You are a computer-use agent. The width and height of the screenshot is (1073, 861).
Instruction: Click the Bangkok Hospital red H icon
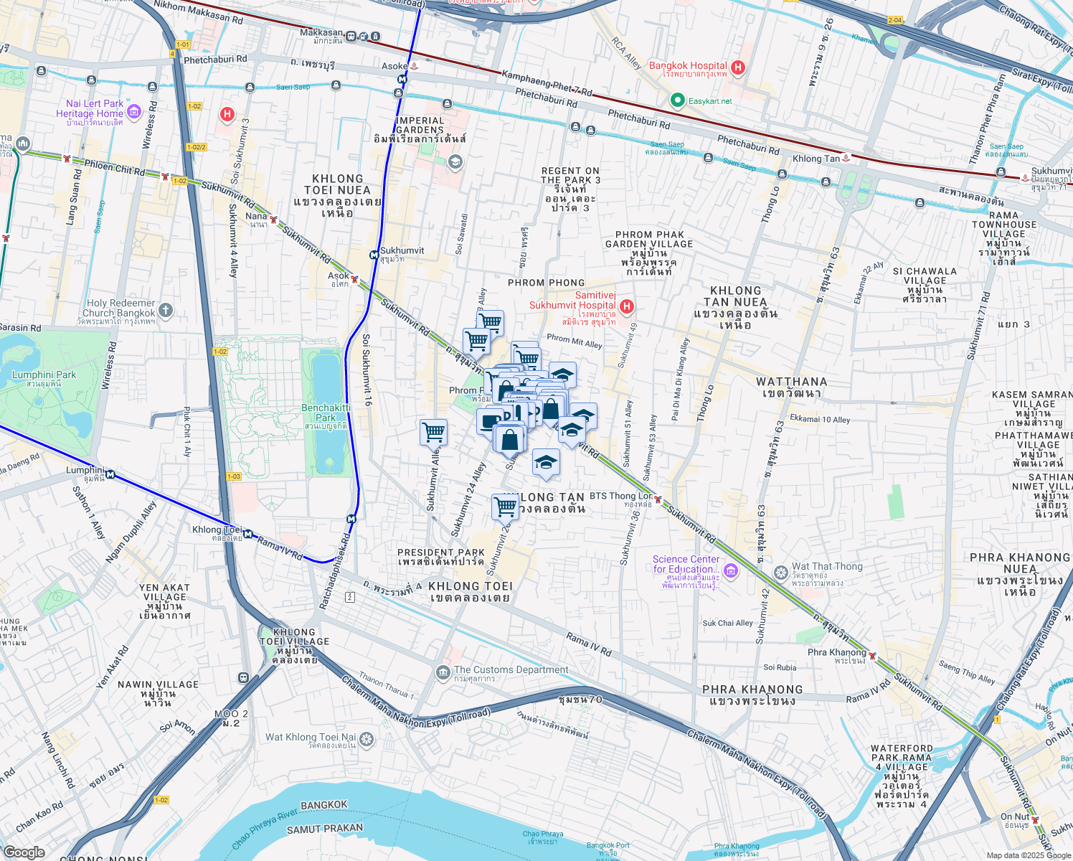(x=738, y=67)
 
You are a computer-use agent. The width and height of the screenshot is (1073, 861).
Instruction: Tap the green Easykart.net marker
(x=676, y=100)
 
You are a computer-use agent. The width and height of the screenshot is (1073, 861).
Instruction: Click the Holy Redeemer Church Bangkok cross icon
(x=166, y=311)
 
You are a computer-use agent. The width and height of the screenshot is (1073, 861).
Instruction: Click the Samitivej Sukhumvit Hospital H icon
(x=627, y=307)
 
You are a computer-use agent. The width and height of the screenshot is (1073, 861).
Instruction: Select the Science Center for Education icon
(x=731, y=571)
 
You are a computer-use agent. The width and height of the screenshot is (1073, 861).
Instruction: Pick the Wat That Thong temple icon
(x=781, y=573)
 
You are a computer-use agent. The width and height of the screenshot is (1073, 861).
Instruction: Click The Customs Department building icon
(x=443, y=672)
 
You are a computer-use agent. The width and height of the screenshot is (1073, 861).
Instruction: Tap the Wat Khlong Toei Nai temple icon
(x=367, y=739)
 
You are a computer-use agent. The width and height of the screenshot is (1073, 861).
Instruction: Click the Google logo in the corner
(x=24, y=852)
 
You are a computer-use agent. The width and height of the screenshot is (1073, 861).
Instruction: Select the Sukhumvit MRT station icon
(x=374, y=254)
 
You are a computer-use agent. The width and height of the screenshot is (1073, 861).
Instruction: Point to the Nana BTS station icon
(x=273, y=219)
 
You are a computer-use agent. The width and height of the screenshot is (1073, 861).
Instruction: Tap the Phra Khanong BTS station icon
(x=872, y=656)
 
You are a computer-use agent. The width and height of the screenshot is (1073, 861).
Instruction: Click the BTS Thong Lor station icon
(x=657, y=499)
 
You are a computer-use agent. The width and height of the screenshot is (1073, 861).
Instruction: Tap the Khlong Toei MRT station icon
(x=247, y=534)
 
